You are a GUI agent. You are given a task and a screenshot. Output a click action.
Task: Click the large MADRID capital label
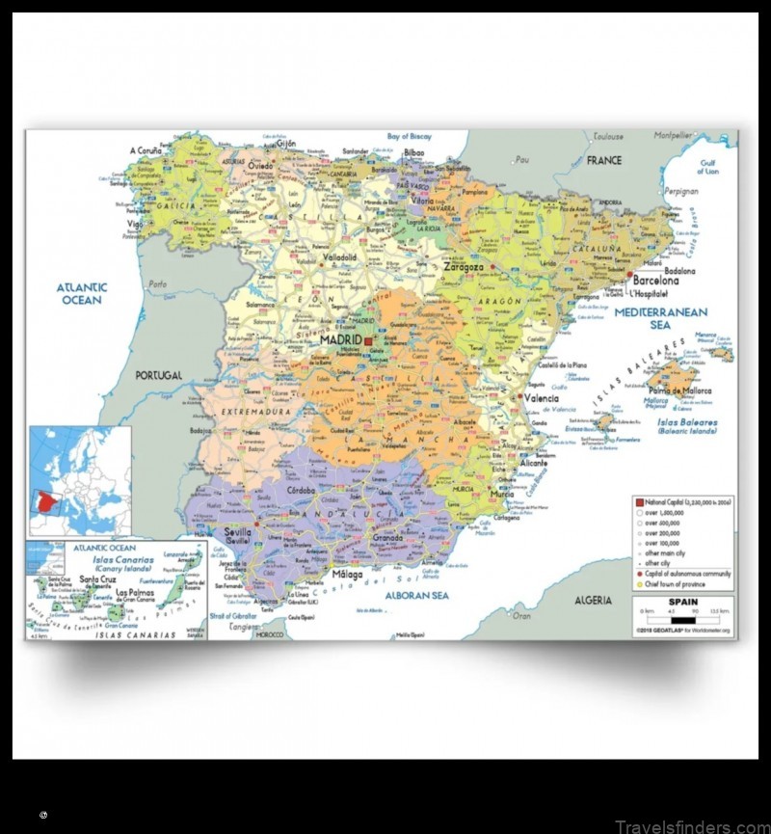point(340,340)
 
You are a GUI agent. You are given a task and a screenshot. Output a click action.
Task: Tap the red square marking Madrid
point(367,340)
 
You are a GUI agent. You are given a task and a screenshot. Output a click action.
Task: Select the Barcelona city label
point(655,281)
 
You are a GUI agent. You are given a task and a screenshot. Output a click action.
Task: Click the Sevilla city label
point(237,532)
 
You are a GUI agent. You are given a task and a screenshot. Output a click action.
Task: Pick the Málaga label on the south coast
point(348,575)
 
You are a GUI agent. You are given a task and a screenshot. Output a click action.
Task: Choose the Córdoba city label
point(301,490)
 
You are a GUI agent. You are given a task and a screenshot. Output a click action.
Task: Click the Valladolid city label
point(339,258)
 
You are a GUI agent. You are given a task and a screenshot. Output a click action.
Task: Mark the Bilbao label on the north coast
point(414,152)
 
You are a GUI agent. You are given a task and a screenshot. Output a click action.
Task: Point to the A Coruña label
point(146,150)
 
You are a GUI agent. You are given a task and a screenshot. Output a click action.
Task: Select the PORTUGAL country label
point(158,375)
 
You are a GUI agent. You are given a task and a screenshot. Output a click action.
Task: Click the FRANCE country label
point(604,160)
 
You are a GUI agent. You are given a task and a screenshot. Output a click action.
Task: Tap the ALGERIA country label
point(593,601)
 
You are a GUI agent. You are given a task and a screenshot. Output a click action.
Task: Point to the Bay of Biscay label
point(410,137)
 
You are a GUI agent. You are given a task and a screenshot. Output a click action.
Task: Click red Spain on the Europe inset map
point(44,501)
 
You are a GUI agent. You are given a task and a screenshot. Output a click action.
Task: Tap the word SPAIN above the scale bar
point(682,601)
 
